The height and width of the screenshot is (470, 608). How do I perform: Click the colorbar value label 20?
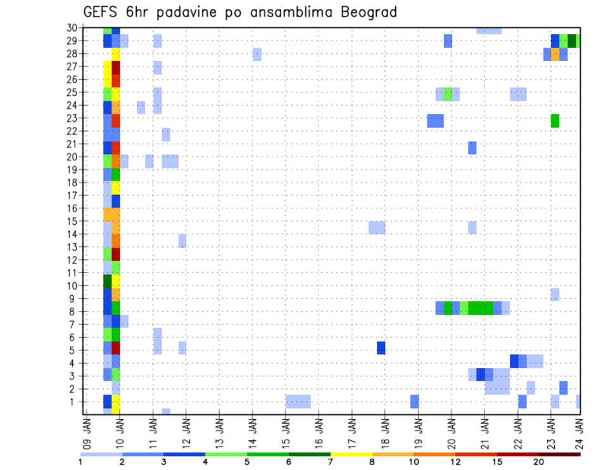click(x=539, y=462)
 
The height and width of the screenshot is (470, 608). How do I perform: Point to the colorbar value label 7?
click(x=330, y=462)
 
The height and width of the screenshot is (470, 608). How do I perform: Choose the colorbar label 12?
click(x=455, y=462)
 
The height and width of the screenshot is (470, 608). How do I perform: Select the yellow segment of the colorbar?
click(x=351, y=454)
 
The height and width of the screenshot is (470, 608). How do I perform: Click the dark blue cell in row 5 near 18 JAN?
click(x=381, y=348)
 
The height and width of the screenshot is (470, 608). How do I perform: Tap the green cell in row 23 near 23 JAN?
click(x=555, y=120)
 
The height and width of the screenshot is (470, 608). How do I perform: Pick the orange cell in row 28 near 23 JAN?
click(x=555, y=54)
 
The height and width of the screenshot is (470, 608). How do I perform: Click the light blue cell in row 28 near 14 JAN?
click(x=257, y=54)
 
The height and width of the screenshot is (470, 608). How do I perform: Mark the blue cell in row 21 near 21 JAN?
click(x=472, y=148)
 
